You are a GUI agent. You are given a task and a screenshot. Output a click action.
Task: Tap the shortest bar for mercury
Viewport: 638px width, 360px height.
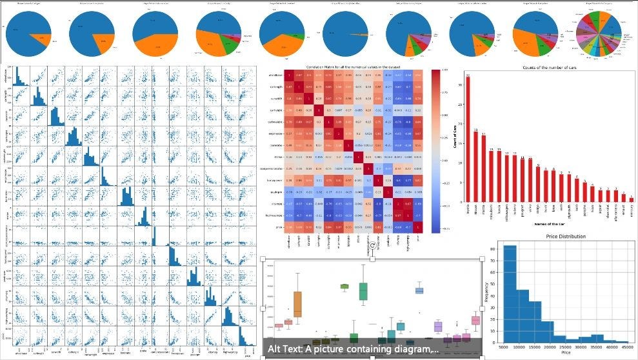tap(632, 200)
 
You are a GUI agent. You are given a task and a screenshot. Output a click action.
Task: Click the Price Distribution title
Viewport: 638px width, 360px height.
tap(565, 237)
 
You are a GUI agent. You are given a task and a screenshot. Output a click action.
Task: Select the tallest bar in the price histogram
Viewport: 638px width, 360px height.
tap(510, 294)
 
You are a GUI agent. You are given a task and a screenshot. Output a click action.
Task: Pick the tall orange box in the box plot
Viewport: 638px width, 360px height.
tap(297, 304)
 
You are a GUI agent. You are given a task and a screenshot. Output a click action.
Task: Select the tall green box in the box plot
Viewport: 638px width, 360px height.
tap(363, 291)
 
